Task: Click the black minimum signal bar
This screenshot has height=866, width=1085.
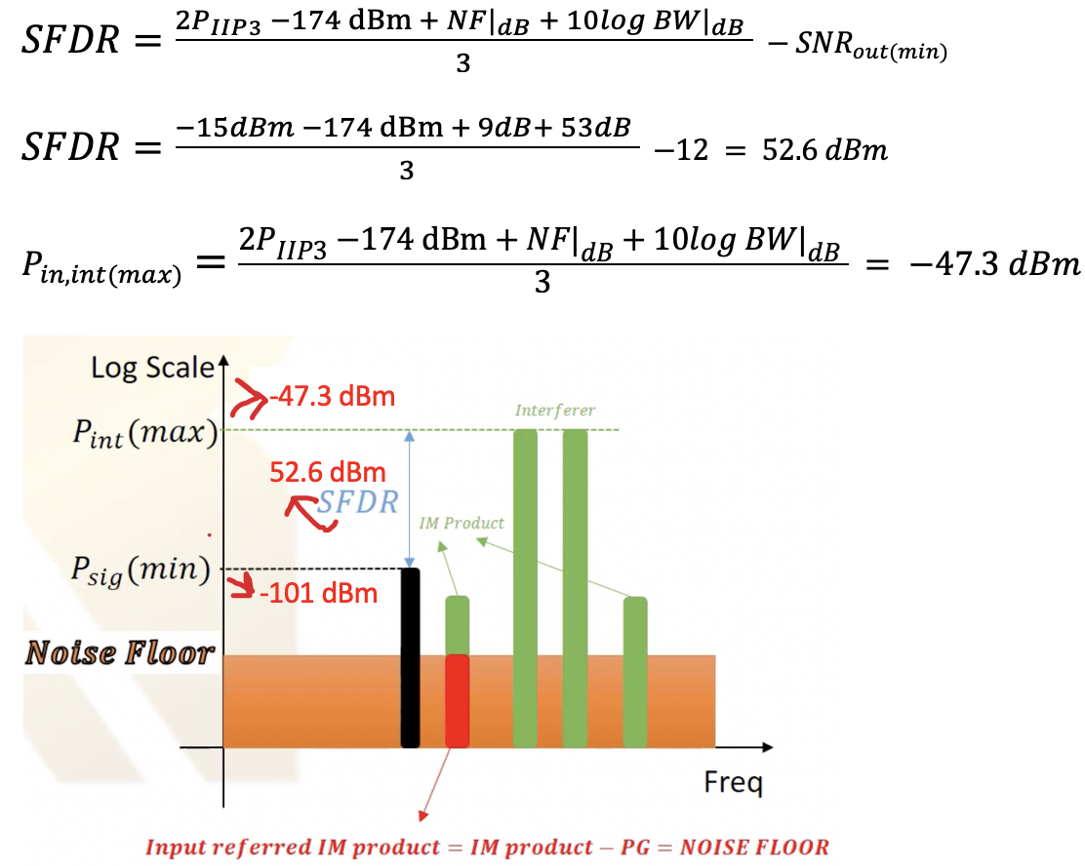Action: click(x=410, y=657)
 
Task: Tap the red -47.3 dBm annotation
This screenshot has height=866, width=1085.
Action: click(x=334, y=397)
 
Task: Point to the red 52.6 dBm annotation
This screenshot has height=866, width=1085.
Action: click(x=328, y=472)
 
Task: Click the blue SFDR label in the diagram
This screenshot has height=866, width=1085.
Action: click(x=359, y=503)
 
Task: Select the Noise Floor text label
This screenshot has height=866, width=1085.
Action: click(x=119, y=652)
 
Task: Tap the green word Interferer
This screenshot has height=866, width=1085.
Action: click(x=554, y=411)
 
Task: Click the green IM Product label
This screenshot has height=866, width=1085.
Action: click(x=462, y=523)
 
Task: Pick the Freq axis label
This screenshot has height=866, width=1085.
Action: click(x=734, y=782)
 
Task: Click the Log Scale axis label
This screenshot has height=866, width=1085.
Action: click(x=152, y=368)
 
